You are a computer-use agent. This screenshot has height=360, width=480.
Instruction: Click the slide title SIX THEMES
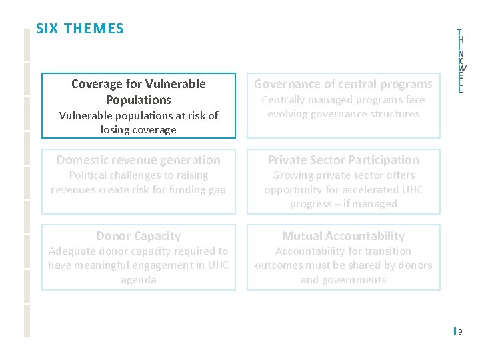pos(80,29)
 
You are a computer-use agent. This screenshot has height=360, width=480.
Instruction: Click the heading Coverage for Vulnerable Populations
pos(139,92)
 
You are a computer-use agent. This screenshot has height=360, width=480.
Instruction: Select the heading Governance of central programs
pos(343,84)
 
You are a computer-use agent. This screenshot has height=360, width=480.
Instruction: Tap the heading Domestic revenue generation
pos(139,160)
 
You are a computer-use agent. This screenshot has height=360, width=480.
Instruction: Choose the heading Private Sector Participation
pos(343,160)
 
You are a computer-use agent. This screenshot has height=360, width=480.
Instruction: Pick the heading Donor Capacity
pos(139,236)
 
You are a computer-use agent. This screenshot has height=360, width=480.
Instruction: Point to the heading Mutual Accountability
pos(343,236)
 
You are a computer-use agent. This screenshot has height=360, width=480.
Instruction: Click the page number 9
pos(461,331)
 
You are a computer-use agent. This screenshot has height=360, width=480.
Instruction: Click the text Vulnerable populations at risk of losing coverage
pos(139,123)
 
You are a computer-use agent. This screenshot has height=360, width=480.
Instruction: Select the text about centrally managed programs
pos(343,107)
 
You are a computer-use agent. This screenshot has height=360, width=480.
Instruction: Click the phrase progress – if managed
pos(343,204)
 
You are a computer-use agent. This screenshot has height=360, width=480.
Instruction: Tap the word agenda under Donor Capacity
pos(139,280)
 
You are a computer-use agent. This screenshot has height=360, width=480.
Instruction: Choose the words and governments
pos(343,280)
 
